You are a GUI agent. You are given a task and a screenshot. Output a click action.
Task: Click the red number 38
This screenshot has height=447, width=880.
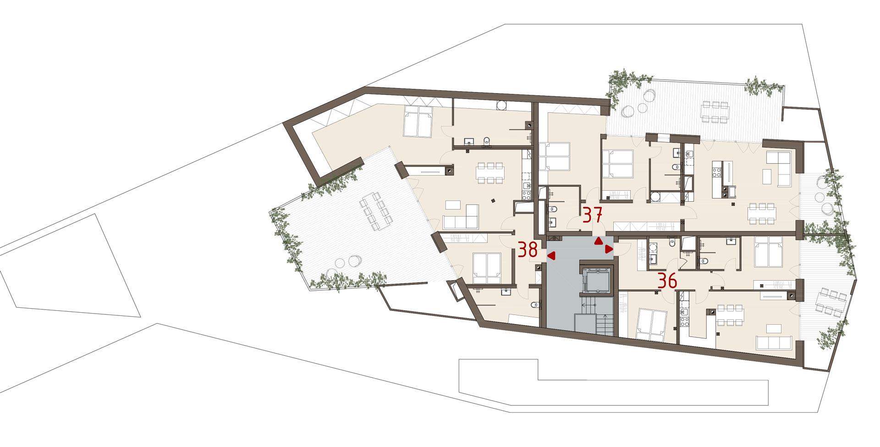click(x=528, y=250)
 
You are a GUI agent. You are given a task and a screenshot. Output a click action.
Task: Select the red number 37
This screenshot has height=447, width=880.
click(x=592, y=215)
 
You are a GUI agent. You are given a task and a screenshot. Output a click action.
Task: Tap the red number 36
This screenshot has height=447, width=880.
click(x=667, y=281)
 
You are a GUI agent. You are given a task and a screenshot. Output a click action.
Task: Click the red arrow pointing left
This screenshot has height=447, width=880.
click(x=551, y=256)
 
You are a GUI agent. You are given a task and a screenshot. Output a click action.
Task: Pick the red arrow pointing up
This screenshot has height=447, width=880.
click(x=599, y=241)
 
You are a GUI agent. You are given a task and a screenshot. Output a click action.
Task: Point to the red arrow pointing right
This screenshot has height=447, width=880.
click(x=609, y=249)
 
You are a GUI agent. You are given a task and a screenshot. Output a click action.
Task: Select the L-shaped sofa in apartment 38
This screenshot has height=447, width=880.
click(x=461, y=217)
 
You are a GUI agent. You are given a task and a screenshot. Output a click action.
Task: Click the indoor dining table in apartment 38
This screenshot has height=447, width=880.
click(x=490, y=173)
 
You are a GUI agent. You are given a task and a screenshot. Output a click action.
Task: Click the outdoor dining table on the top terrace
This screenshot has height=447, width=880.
click(x=714, y=112)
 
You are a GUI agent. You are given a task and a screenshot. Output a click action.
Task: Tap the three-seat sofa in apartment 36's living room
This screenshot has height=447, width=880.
click(x=774, y=342)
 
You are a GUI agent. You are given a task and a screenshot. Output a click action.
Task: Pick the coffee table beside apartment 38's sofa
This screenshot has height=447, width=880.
click(x=453, y=204)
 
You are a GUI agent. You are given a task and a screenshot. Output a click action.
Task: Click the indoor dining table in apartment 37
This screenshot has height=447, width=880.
click(x=762, y=214)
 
